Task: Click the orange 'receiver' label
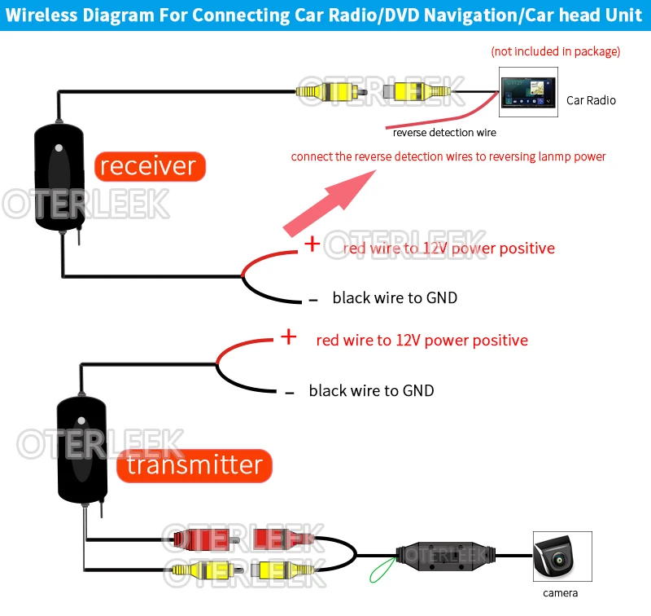(148, 166)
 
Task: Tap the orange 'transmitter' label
(194, 465)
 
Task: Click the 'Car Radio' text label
(591, 100)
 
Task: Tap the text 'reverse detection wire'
(443, 132)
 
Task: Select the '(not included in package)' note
(555, 51)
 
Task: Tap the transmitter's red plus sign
(289, 337)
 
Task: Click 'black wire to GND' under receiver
(395, 298)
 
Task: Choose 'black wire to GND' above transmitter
(371, 391)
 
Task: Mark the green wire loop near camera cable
(382, 571)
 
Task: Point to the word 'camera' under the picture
(561, 593)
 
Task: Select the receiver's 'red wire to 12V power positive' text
(448, 248)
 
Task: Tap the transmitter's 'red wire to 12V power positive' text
(422, 341)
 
